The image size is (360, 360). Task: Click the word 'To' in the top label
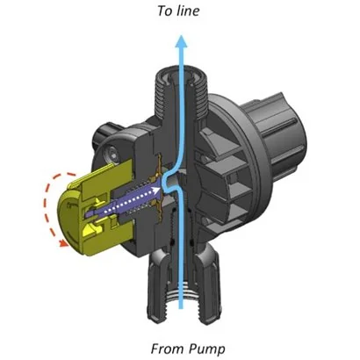[164, 12]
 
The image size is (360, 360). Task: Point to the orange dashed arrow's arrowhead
[62, 245]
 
